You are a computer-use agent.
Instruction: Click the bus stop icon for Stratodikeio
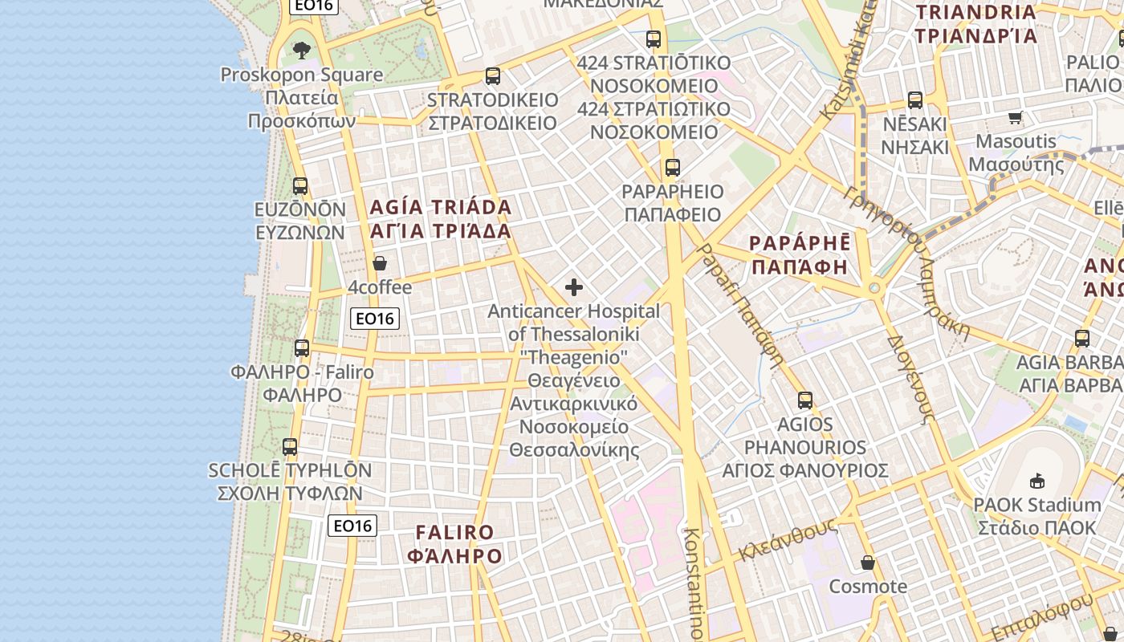coord(493,76)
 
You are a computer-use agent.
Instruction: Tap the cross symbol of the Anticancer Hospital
coord(574,287)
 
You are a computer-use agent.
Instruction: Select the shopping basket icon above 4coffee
coord(380,263)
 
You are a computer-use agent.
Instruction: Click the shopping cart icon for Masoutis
coord(1015,118)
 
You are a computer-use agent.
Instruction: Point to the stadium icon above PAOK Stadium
coord(1037,481)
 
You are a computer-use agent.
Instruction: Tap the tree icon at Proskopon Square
coord(302,51)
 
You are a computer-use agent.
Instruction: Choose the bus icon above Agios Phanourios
coord(805,400)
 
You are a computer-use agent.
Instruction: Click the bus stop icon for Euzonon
coord(300,186)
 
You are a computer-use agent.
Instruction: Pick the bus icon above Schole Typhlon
coord(290,446)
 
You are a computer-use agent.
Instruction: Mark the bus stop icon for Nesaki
coord(915,100)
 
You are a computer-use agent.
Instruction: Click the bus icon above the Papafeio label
coord(673,168)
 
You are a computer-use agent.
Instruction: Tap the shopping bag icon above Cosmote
coord(867,562)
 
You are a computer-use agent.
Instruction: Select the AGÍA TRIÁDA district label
coord(441,207)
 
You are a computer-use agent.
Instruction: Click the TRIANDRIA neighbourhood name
coord(976,12)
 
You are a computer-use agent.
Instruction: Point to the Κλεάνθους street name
coord(788,540)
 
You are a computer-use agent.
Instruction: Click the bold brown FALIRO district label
coord(455,532)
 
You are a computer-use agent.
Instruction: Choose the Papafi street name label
coord(739,305)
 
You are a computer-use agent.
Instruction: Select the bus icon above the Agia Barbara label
coord(1082,338)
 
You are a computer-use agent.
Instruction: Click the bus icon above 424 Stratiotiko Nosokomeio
coord(654,39)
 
